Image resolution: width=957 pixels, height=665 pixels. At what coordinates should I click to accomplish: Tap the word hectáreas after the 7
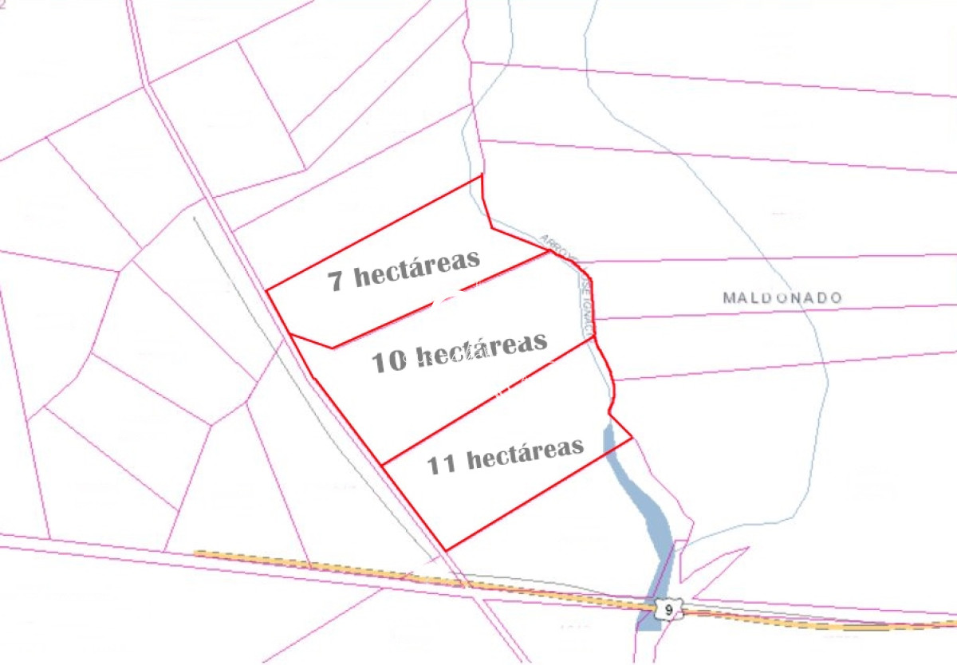(x=416, y=270)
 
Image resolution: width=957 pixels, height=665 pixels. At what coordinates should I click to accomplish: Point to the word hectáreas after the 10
(x=482, y=348)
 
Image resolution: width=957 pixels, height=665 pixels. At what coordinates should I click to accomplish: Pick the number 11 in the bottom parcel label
(x=442, y=464)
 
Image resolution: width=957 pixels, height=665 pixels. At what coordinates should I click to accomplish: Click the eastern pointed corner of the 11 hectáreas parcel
(x=631, y=438)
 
